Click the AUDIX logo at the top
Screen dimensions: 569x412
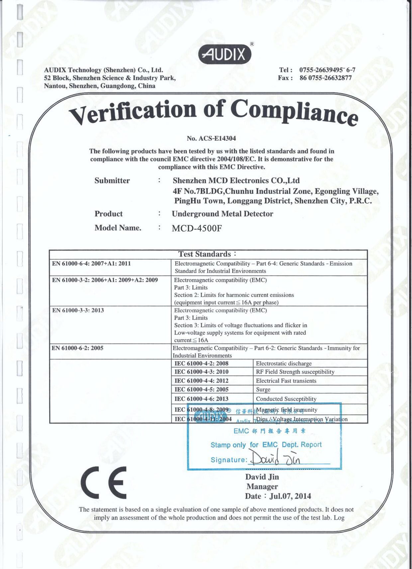pos(225,54)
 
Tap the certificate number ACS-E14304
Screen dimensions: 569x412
pos(211,138)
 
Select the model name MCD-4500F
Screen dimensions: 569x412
pos(197,228)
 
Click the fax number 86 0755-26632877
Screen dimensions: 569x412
pos(325,78)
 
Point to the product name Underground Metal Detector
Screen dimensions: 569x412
pos(222,214)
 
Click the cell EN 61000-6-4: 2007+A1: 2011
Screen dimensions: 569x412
pos(91,264)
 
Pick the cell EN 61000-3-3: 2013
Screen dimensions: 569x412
pos(78,310)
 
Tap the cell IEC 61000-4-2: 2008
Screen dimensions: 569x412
pos(201,363)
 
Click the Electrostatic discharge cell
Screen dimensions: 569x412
pos(283,363)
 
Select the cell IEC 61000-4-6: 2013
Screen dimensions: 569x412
pos(201,399)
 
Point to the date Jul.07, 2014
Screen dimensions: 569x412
pos(290,496)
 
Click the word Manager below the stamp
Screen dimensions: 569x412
pos(262,487)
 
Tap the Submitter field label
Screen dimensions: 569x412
pos(112,181)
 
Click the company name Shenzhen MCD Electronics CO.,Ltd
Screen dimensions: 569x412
pos(236,181)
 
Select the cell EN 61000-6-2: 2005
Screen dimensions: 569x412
pos(77,348)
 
